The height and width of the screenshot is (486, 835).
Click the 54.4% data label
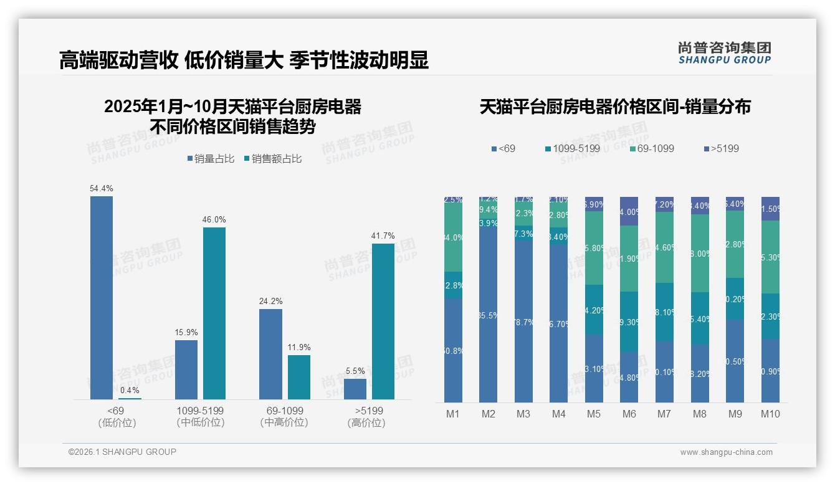point(102,188)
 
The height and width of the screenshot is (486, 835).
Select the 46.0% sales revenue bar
point(214,313)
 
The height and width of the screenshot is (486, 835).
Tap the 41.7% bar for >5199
point(383,321)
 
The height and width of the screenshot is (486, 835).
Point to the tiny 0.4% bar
point(130,398)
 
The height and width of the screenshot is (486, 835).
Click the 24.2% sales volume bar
point(270,353)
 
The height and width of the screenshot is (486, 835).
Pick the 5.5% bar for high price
point(355,389)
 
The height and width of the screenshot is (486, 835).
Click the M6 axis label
point(629,414)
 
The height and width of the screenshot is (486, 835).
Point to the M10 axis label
point(770,414)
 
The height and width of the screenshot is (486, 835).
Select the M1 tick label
point(453,414)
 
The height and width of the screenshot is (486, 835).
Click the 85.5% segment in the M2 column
point(489,315)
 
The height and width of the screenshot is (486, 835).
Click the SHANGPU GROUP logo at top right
point(724,53)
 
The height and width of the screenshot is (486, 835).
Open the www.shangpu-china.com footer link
point(726,452)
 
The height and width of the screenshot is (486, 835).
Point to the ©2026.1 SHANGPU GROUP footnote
point(122,452)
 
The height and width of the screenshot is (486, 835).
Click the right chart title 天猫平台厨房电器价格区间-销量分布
point(614,107)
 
